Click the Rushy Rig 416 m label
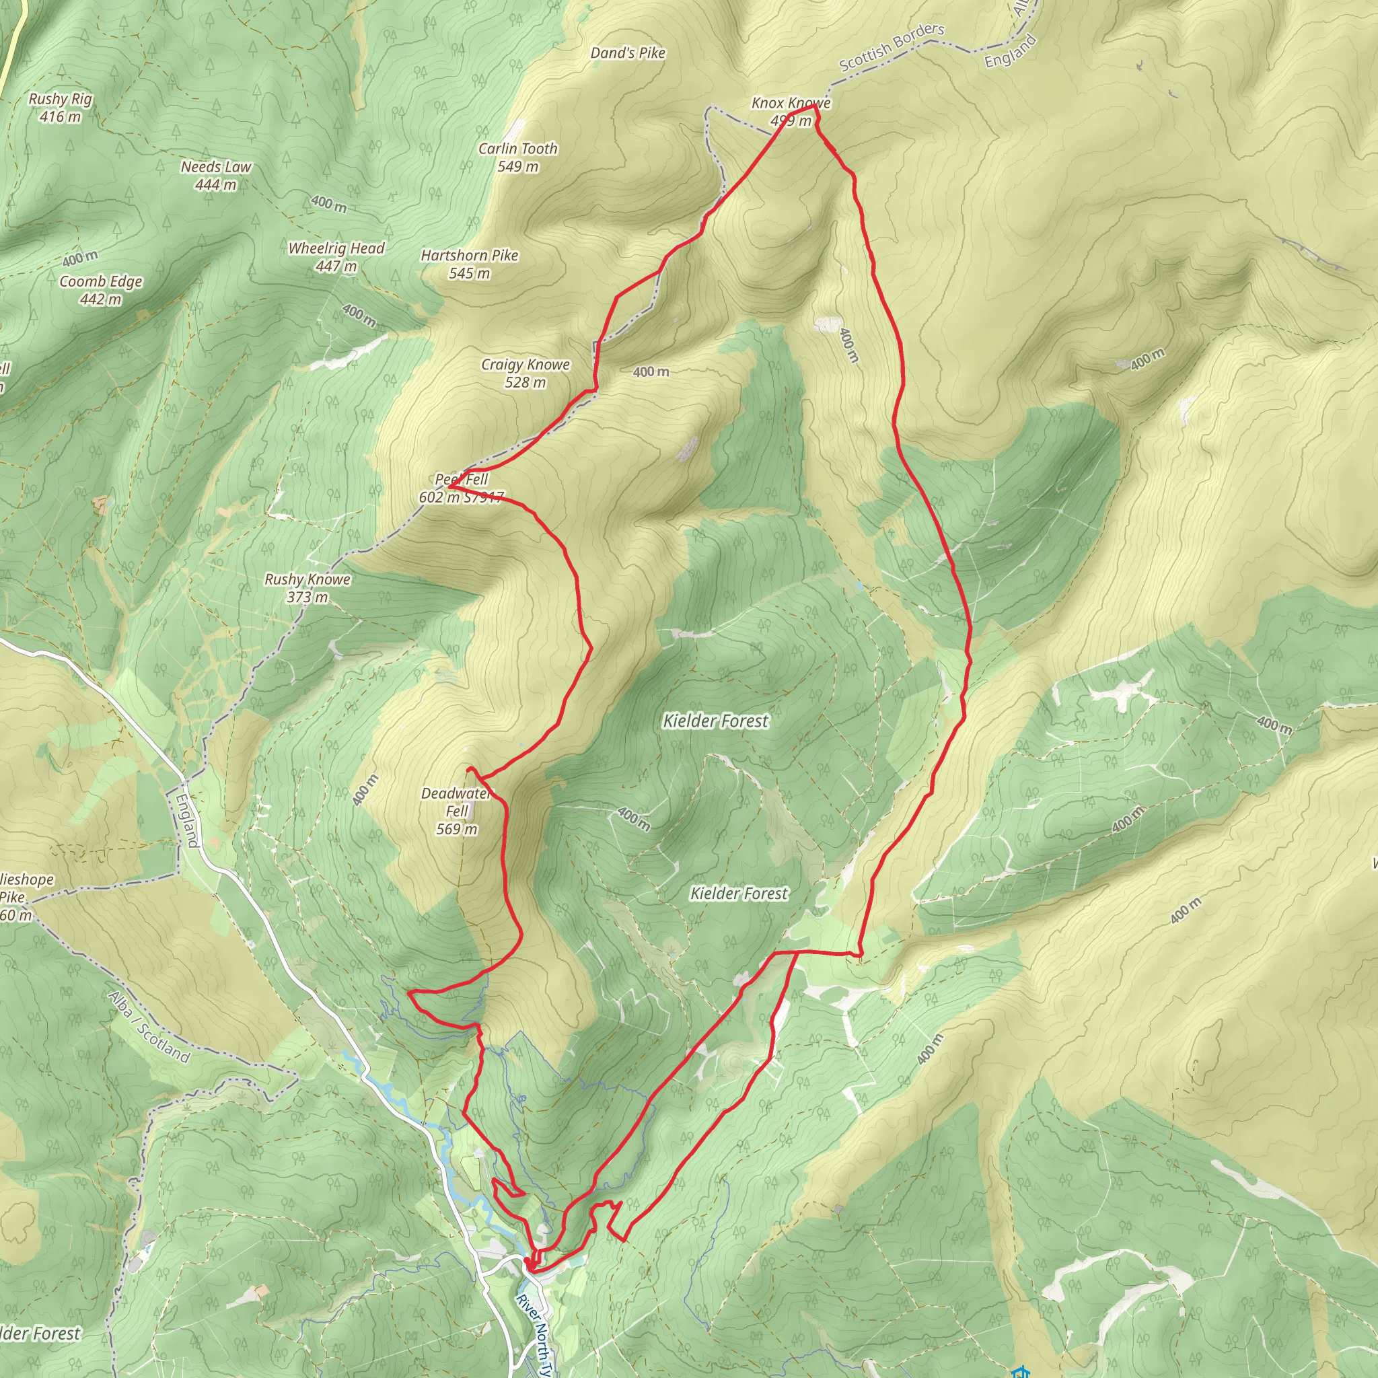[x=61, y=108]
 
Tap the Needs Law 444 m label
[x=216, y=176]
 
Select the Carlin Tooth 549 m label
[x=518, y=157]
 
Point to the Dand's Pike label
[x=628, y=52]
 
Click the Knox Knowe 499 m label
[x=791, y=111]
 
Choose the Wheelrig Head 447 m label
[x=336, y=257]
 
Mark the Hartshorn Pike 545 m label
[x=470, y=264]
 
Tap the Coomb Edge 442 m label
[x=100, y=289]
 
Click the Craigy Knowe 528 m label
[x=525, y=373]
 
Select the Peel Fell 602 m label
[x=461, y=488]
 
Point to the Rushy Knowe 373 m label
[x=307, y=587]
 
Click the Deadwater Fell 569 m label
[x=456, y=811]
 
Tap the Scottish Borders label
[x=892, y=47]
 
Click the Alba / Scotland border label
[x=149, y=1027]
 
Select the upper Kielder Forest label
[x=715, y=721]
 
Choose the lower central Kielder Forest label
[x=739, y=893]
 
